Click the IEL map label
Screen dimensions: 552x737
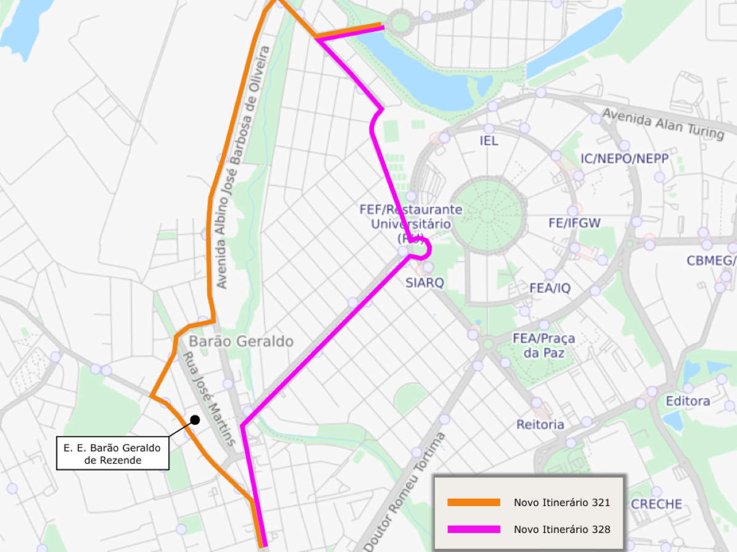click(x=489, y=141)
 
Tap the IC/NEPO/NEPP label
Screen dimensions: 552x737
click(x=624, y=160)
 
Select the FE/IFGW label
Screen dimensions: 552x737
click(x=574, y=223)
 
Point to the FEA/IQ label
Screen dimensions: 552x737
click(x=550, y=288)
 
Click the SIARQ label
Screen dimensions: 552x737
click(x=424, y=282)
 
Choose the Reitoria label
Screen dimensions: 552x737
click(x=540, y=424)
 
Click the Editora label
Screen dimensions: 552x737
click(x=688, y=401)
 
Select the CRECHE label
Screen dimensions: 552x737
click(x=657, y=504)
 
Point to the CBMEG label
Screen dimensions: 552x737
click(x=711, y=261)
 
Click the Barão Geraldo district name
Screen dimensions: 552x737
click(x=241, y=341)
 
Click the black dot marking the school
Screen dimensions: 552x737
click(x=195, y=420)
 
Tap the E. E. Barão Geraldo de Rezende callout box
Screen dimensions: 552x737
click(x=112, y=453)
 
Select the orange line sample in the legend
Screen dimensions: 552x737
click(x=474, y=502)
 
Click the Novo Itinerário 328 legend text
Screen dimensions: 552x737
click(x=561, y=529)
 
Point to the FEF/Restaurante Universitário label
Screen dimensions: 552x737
click(x=410, y=217)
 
